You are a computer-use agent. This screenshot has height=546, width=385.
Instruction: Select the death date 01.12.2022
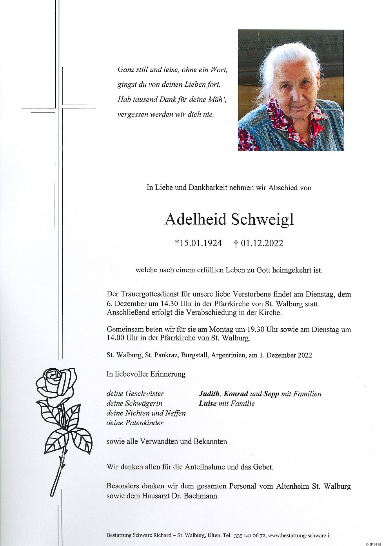262,244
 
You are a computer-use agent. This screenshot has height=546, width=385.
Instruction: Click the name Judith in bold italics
210,394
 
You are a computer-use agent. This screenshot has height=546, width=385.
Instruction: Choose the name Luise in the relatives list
207,403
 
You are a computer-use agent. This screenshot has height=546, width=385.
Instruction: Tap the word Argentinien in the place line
228,355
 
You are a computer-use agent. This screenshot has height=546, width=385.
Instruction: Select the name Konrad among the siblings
236,394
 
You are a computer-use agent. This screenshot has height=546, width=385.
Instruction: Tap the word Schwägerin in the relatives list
144,403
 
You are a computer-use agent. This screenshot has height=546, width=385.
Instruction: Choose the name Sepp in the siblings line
271,394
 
